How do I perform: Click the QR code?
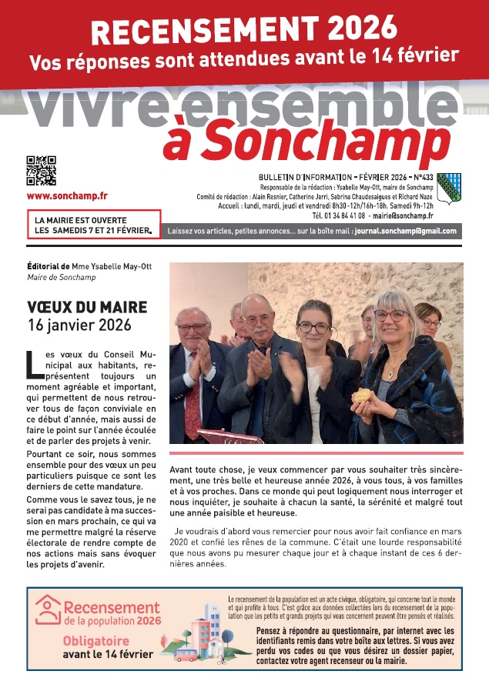(41, 171)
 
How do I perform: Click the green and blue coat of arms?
(448, 186)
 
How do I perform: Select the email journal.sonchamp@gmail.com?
(405, 230)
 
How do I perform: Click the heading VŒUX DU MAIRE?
(86, 308)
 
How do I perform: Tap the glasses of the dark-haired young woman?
(313, 327)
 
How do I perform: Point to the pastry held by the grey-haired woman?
(360, 395)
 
